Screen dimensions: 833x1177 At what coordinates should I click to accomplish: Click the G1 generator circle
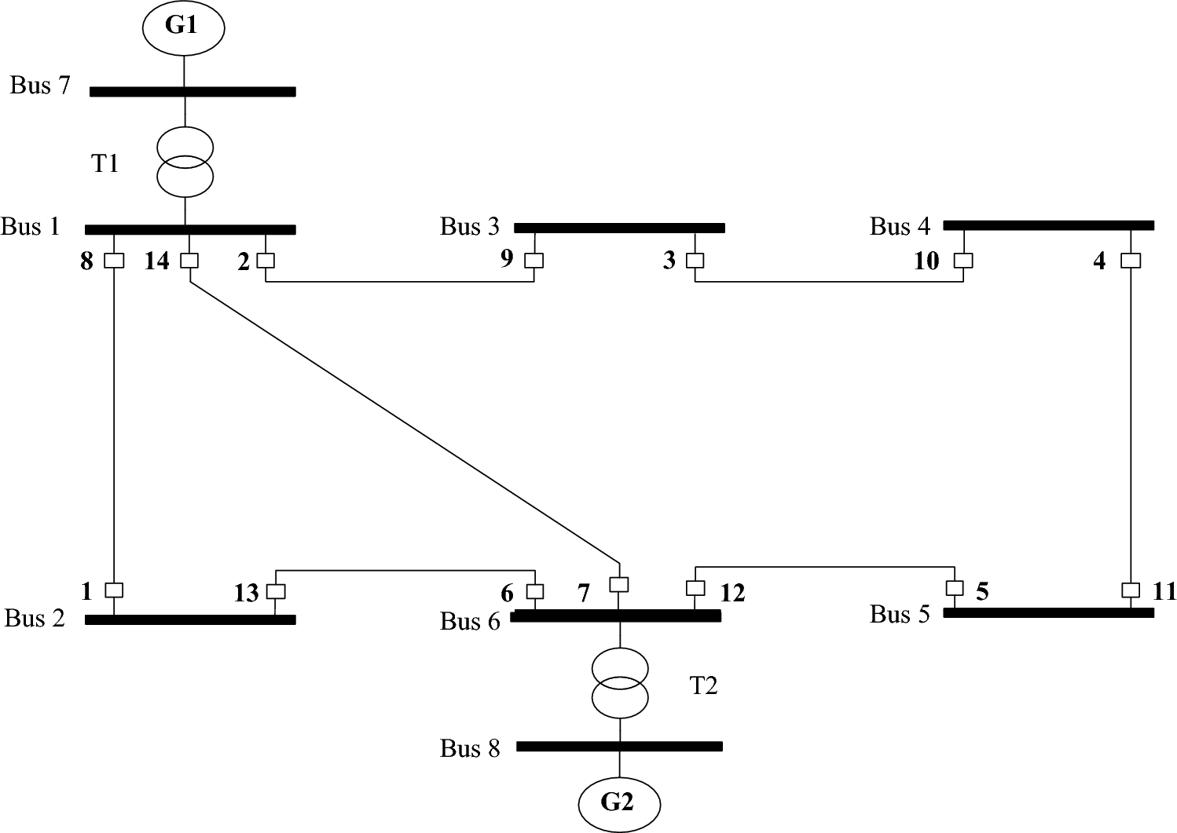point(183,27)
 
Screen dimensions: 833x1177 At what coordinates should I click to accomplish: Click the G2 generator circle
point(619,803)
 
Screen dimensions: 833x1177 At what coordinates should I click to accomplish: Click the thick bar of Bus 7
point(192,92)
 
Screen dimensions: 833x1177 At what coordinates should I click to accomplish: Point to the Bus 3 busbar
point(619,228)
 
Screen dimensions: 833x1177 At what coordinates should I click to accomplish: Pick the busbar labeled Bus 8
point(619,747)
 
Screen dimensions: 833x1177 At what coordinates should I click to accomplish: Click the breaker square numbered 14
point(189,260)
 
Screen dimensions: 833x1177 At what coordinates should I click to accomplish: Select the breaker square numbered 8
point(115,260)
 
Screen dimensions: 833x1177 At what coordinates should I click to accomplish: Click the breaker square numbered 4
point(1130,260)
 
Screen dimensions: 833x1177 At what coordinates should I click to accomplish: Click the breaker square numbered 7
point(619,584)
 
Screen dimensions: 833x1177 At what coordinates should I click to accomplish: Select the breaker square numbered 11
point(1130,590)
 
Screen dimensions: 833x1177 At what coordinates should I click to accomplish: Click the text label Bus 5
point(900,614)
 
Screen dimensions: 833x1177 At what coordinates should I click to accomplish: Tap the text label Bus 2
point(35,618)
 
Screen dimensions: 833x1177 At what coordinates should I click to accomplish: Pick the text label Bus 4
point(900,227)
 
